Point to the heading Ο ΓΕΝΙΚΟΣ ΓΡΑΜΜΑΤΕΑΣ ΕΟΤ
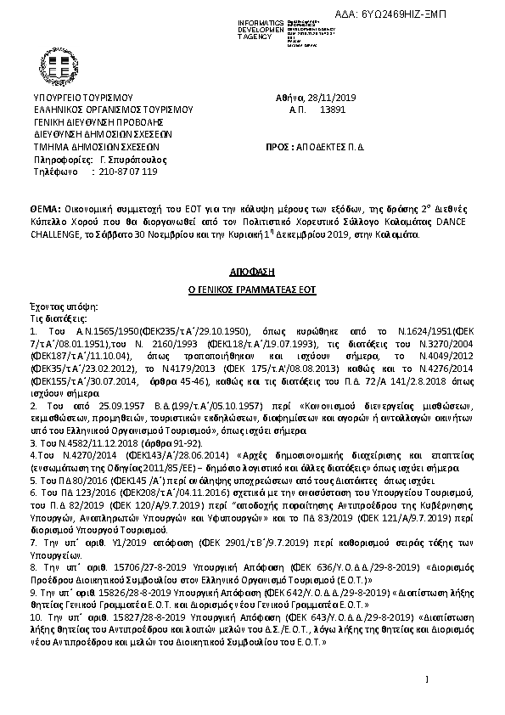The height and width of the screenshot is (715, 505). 251,290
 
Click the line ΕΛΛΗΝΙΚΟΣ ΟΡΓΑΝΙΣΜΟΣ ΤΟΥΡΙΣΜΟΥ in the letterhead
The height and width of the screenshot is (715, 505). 114,110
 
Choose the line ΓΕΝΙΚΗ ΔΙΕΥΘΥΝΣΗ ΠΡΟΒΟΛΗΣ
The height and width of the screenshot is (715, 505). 96,121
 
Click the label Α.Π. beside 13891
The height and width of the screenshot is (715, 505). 297,110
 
